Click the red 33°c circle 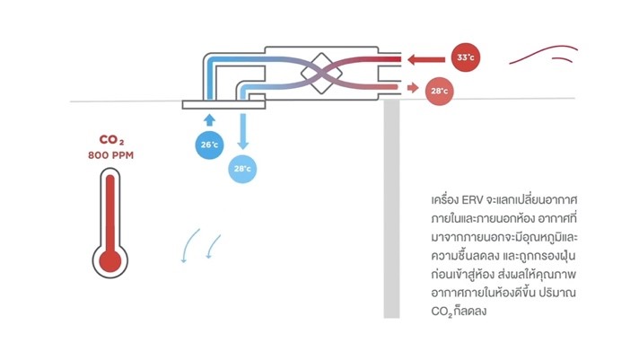(x=465, y=57)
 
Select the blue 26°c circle (x=209, y=145)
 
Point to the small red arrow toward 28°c (x=413, y=88)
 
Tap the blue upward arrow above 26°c (x=209, y=119)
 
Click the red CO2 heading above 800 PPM (x=111, y=140)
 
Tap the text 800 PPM (x=111, y=155)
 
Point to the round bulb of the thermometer (x=111, y=260)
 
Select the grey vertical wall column (x=391, y=206)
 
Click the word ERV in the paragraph (x=474, y=197)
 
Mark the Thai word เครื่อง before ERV (x=446, y=197)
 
